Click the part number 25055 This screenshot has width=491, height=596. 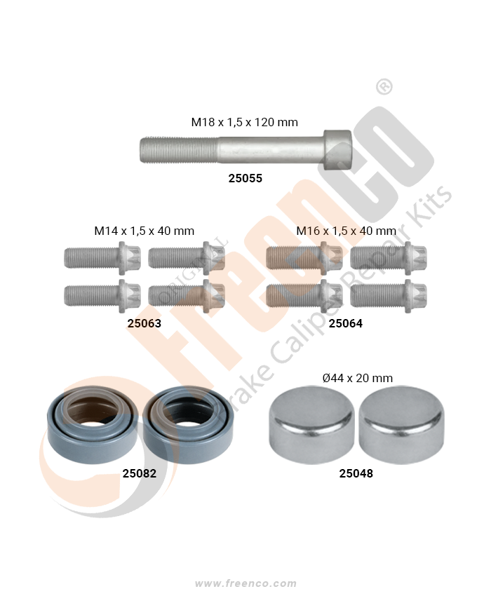245,178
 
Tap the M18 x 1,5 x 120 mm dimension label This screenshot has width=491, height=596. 244,122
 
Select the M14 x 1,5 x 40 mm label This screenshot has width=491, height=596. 144,231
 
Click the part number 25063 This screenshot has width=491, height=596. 144,323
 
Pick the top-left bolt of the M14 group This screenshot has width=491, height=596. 102,258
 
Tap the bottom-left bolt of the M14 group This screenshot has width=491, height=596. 102,296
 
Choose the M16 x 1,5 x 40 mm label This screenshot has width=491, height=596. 346,231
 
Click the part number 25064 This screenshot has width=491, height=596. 345,323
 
